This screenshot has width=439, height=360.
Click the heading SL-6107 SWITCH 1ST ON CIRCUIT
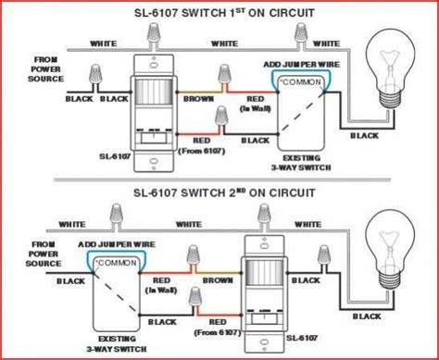[220, 13]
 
